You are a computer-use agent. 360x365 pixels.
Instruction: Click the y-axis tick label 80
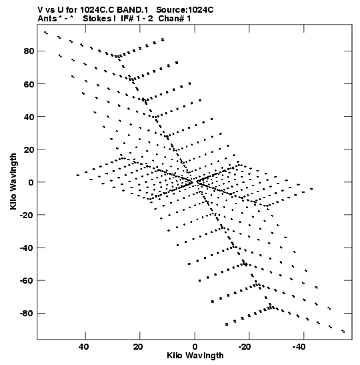point(29,51)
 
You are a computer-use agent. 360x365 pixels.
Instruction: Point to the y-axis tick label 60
point(29,84)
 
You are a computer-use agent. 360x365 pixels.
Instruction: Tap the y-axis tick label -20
point(27,215)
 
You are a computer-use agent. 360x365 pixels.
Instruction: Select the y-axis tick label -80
point(27,314)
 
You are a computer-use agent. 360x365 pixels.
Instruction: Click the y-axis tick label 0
point(31,182)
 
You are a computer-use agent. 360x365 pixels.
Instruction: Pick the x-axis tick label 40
point(83,347)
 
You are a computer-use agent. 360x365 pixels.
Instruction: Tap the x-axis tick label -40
point(299,347)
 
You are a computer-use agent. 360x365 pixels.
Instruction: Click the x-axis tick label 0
point(195,347)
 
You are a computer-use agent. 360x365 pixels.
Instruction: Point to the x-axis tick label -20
point(245,347)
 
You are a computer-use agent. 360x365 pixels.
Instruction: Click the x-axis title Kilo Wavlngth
point(195,356)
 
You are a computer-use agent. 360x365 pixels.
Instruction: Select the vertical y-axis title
point(13,181)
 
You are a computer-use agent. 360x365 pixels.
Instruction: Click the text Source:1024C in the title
point(185,10)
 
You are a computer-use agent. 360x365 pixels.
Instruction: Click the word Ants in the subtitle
point(47,19)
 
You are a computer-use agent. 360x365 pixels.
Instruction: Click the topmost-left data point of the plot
point(46,33)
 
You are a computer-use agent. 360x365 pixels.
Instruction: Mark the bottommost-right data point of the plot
point(343,331)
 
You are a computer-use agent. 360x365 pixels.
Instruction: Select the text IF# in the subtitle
point(127,19)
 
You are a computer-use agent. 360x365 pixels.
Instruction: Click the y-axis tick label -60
point(27,280)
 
